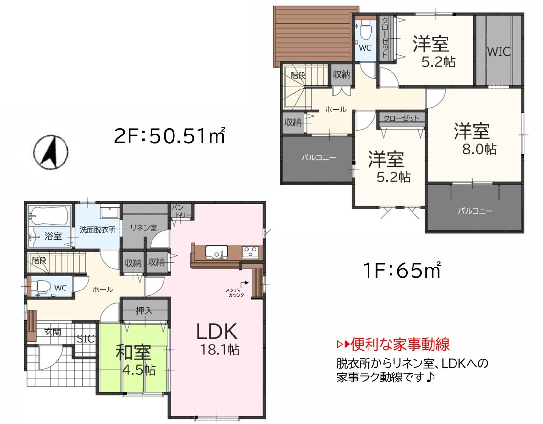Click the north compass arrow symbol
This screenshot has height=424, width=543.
pos(51,152)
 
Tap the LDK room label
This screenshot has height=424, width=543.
pos(217,332)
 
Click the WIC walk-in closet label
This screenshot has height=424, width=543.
pos(499,52)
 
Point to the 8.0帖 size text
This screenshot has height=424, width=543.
pos(479,149)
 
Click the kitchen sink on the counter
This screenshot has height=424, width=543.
pos(216,252)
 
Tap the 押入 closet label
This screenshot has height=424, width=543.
pos(145,310)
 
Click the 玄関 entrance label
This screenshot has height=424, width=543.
pos(53,331)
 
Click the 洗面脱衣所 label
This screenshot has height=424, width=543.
pos(98,229)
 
